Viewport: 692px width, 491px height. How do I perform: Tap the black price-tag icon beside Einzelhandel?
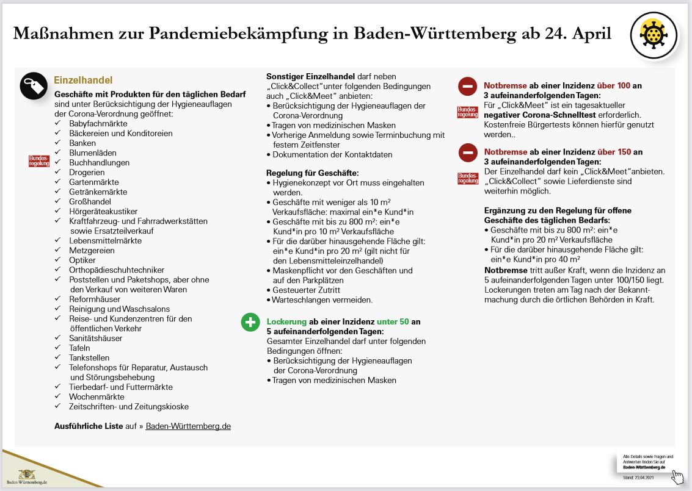point(34,86)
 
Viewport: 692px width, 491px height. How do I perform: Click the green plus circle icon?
point(250,322)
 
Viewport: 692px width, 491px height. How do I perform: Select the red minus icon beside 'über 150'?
point(467,152)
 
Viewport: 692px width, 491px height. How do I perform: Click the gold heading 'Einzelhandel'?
point(83,81)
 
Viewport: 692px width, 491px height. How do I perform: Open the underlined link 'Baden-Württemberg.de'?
point(188,426)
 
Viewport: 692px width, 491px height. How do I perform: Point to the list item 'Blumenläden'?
point(93,152)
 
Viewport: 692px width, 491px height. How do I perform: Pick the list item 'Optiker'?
point(82,260)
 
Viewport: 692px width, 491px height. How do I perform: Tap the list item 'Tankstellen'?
point(89,357)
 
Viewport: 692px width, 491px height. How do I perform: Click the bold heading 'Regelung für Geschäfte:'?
point(312,173)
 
